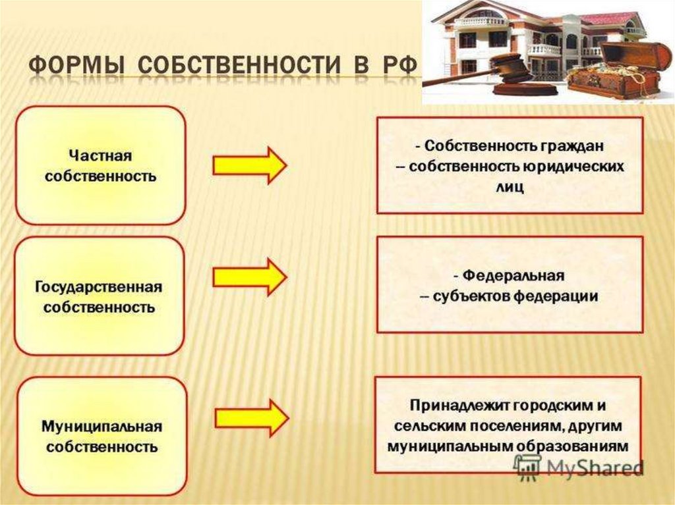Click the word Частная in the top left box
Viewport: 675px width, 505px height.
pyautogui.click(x=100, y=156)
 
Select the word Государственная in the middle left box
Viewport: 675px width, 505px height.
pyautogui.click(x=99, y=288)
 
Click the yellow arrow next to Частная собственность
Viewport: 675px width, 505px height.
pyautogui.click(x=249, y=165)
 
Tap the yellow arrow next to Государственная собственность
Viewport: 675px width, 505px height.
pyautogui.click(x=249, y=277)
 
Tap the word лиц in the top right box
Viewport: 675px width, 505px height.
pyautogui.click(x=510, y=188)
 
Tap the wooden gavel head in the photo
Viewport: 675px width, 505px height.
pyautogui.click(x=505, y=65)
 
